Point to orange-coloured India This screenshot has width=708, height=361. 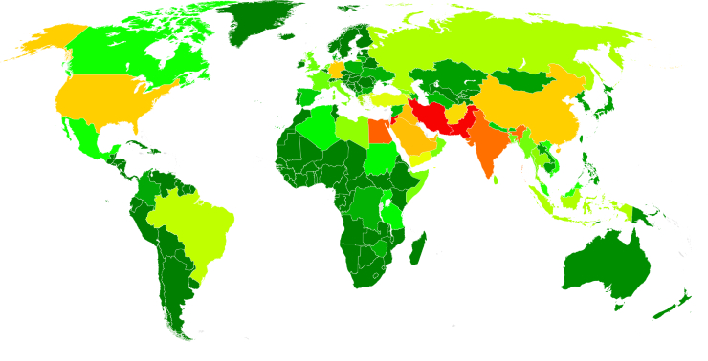coord(488,143)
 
